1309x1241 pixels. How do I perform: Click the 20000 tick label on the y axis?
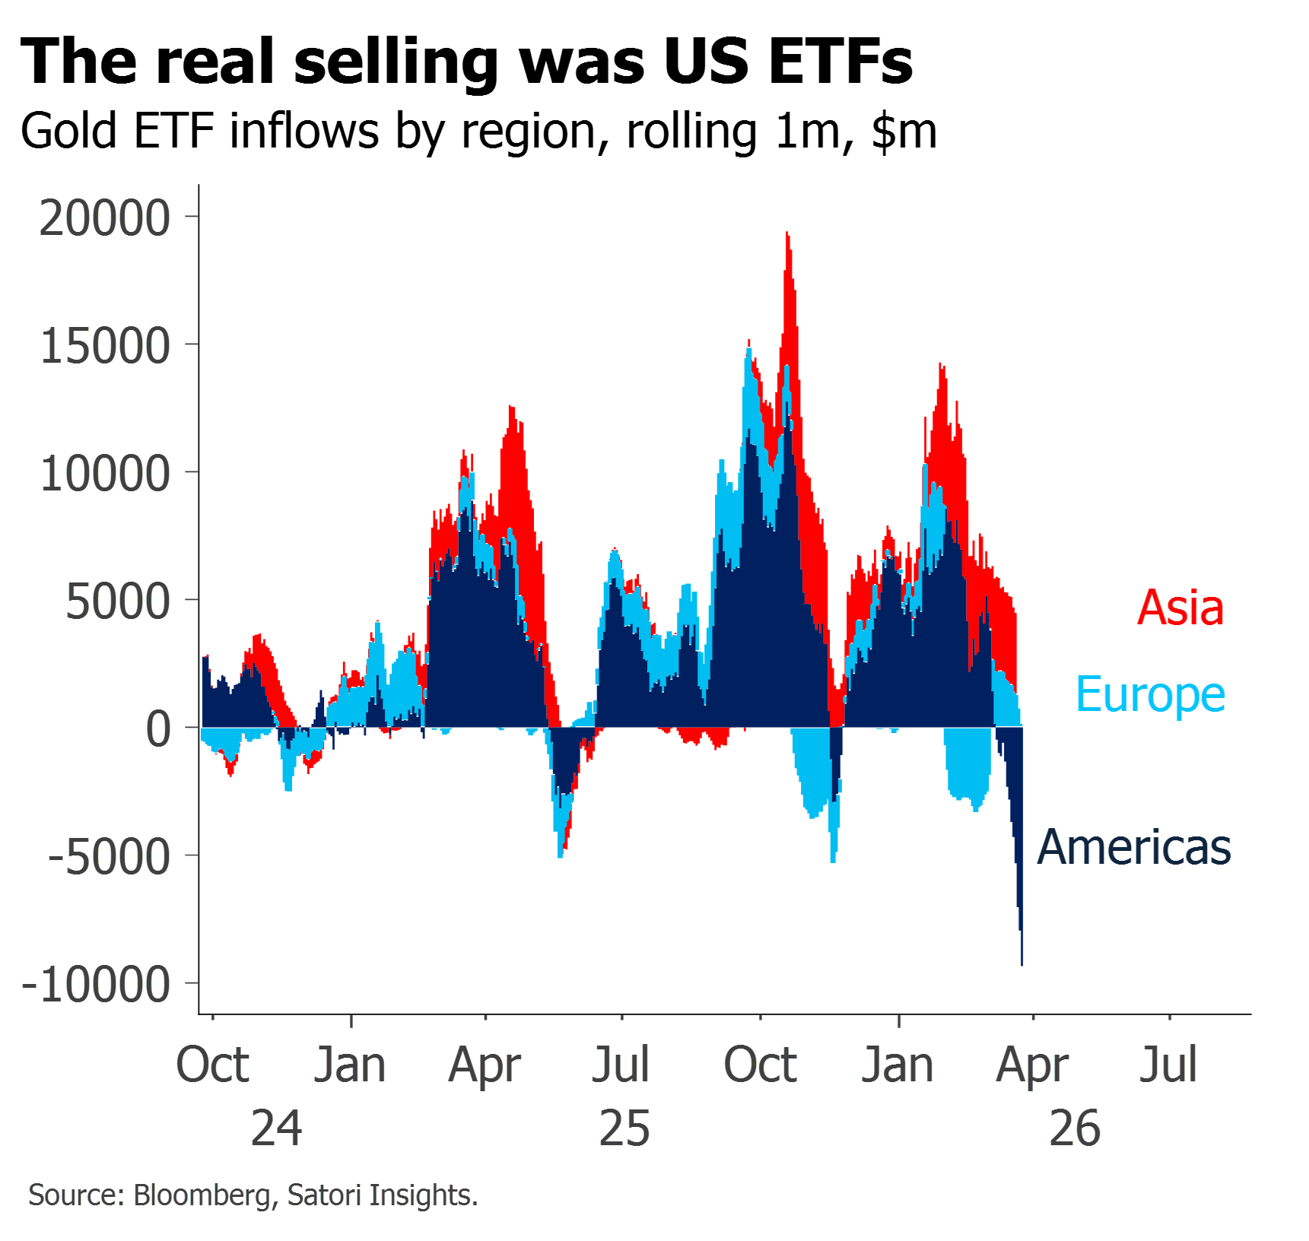point(104,218)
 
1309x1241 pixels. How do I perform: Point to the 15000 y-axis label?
point(104,347)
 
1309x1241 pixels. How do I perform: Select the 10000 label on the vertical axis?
point(104,474)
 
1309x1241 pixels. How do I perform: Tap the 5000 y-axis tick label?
point(118,602)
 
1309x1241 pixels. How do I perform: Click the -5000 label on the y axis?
point(109,858)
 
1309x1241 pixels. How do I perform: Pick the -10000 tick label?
point(96,985)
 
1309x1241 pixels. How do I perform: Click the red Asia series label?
point(1181,608)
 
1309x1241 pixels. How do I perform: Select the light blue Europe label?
point(1150,695)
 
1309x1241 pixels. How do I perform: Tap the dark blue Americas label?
point(1134,847)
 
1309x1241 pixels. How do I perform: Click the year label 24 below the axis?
point(276,1128)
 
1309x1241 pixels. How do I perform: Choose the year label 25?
point(624,1128)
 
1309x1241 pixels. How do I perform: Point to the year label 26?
point(1075,1128)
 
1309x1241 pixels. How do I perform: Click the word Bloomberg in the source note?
point(201,1195)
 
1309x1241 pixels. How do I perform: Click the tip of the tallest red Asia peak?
point(788,233)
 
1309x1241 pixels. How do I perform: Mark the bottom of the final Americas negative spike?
point(1022,964)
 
